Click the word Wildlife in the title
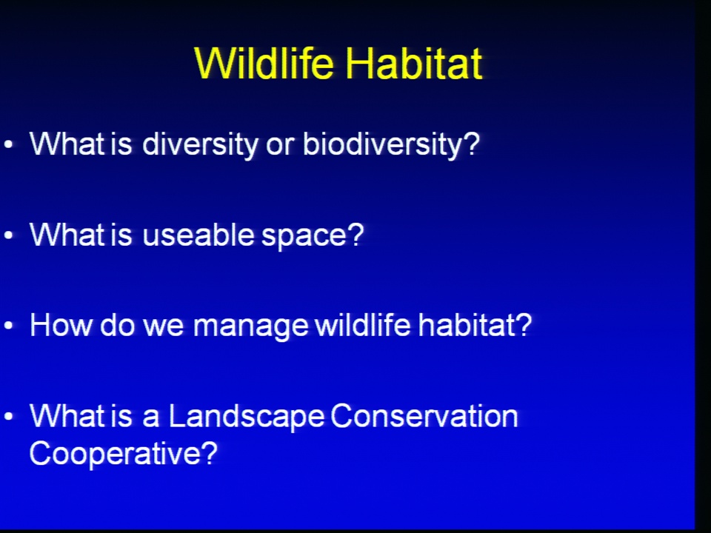tap(264, 63)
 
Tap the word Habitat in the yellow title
tap(413, 63)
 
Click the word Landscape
tap(247, 417)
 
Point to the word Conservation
tap(424, 416)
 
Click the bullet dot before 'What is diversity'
tap(8, 145)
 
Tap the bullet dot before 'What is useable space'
tap(8, 235)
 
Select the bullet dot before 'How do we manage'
tap(8, 326)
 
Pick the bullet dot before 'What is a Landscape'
tap(8, 416)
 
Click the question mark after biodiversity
tap(472, 143)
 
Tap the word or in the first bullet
tap(281, 147)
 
